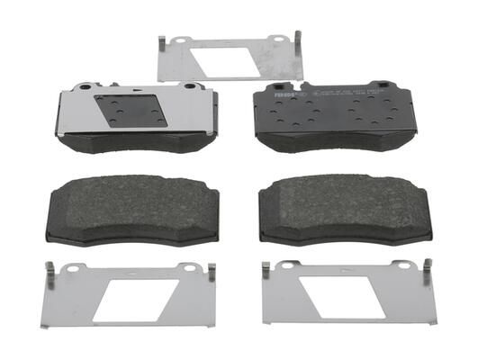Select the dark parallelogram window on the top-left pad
click(131, 111)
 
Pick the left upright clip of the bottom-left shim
click(51, 274)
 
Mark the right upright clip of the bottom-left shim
click(212, 272)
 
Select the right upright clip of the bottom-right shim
click(428, 269)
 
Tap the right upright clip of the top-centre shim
click(296, 41)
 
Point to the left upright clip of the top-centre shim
click(161, 45)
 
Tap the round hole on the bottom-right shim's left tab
click(287, 265)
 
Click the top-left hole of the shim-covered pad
click(84, 88)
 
